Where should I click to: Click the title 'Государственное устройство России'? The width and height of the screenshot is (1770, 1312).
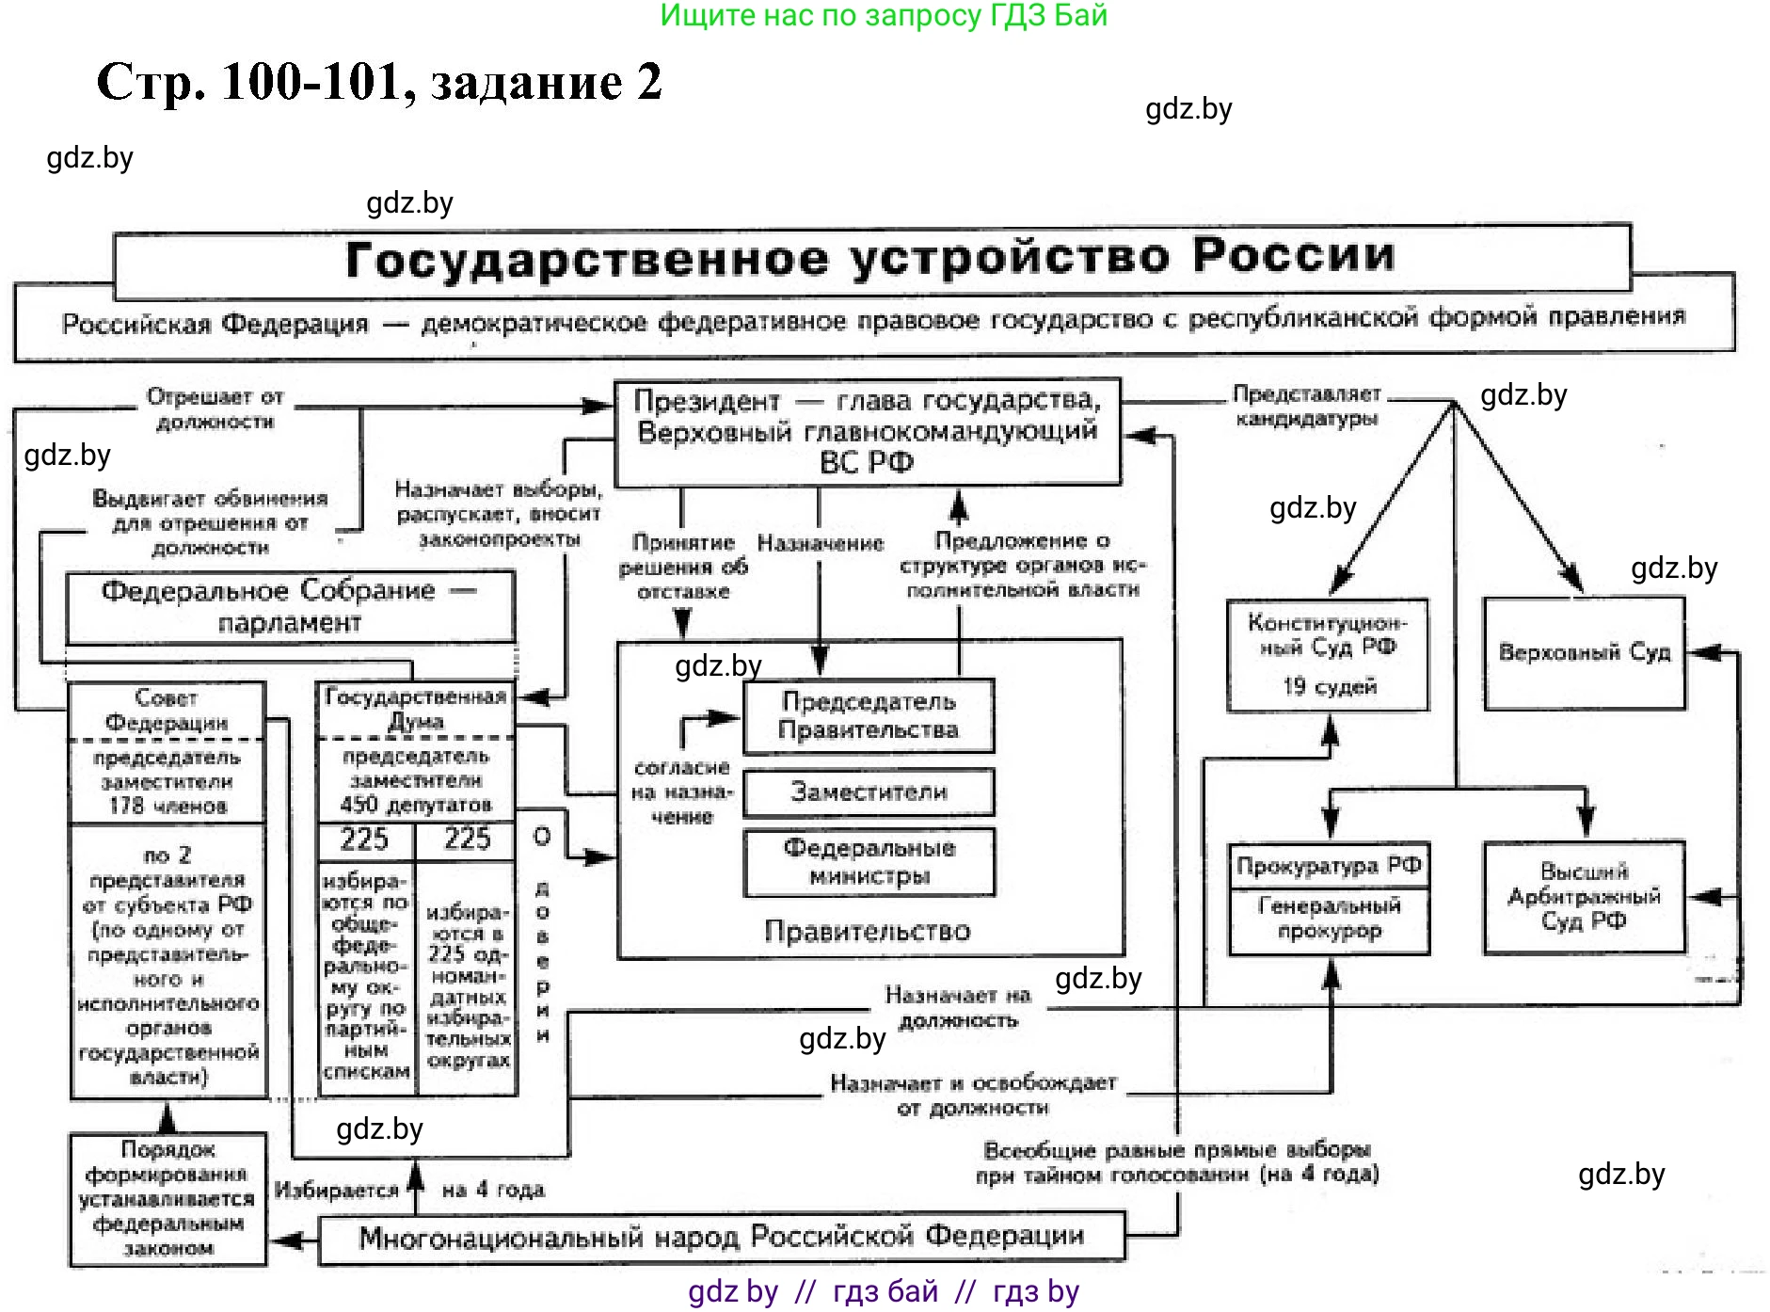pyautogui.click(x=870, y=258)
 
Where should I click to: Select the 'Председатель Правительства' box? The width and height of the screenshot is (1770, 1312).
pyautogui.click(x=868, y=715)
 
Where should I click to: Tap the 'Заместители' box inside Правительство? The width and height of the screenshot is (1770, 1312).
pyautogui.click(x=868, y=792)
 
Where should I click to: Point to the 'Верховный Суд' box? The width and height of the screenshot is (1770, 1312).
pyautogui.click(x=1584, y=652)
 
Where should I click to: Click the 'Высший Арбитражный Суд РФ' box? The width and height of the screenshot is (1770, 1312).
pyautogui.click(x=1584, y=896)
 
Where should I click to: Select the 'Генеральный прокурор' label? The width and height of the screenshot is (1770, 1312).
pyautogui.click(x=1329, y=919)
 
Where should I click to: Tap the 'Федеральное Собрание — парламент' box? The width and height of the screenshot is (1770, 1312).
pyautogui.click(x=290, y=607)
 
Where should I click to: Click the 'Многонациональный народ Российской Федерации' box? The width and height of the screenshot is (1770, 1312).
pyautogui.click(x=722, y=1237)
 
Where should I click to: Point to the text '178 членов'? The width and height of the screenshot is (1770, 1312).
pyautogui.click(x=167, y=806)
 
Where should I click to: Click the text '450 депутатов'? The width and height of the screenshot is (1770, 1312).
pyautogui.click(x=416, y=805)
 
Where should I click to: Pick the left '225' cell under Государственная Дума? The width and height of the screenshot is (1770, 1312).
pyautogui.click(x=364, y=839)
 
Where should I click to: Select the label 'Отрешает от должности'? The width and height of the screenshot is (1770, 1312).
pyautogui.click(x=215, y=409)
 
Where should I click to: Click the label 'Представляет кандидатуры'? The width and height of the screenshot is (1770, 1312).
pyautogui.click(x=1306, y=406)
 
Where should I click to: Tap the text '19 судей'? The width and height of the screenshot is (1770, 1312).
pyautogui.click(x=1329, y=687)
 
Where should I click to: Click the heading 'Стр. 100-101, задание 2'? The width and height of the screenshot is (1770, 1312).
pyautogui.click(x=379, y=82)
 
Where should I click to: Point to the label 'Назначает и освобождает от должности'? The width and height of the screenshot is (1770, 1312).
pyautogui.click(x=973, y=1096)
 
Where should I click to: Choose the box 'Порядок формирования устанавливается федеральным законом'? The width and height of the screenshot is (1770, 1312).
pyautogui.click(x=167, y=1198)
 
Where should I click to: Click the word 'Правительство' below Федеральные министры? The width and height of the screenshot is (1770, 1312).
pyautogui.click(x=867, y=931)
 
